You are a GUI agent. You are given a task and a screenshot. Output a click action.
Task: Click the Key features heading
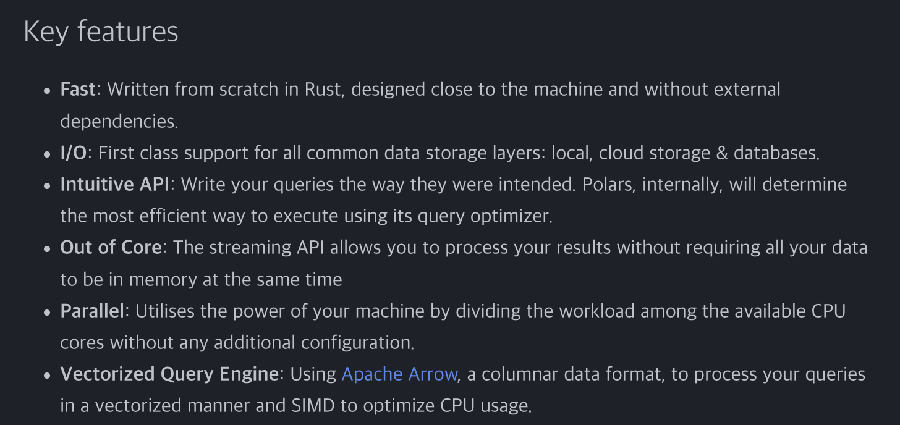click(101, 32)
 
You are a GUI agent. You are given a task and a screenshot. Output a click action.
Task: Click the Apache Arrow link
click(399, 374)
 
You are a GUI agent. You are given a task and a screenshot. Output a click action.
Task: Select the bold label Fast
click(78, 89)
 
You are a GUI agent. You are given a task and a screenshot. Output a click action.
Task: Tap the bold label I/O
click(74, 153)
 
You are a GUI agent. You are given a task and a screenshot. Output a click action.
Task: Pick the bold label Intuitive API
click(115, 184)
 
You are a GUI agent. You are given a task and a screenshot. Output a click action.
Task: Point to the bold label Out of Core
click(111, 247)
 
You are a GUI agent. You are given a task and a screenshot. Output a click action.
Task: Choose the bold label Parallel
click(92, 311)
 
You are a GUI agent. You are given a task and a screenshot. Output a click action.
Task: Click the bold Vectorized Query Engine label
click(169, 374)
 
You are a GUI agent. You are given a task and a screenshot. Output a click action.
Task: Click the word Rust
click(323, 89)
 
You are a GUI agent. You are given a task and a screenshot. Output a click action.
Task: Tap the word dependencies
click(119, 121)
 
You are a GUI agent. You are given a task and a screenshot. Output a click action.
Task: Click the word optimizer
click(511, 216)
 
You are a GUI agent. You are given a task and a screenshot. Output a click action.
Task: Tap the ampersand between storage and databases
click(722, 153)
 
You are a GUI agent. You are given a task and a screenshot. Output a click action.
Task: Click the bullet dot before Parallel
click(48, 312)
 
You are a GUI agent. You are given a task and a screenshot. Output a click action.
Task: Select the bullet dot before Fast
click(48, 90)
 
